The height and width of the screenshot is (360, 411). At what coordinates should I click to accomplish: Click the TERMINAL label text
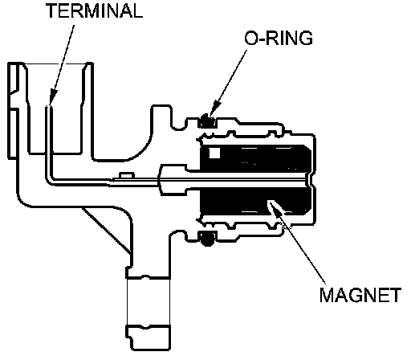click(95, 10)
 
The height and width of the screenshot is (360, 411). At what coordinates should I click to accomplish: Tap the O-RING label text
click(279, 38)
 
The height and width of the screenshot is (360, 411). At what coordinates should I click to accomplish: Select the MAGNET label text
click(360, 295)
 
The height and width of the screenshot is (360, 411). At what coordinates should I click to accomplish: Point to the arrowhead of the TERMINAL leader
click(53, 96)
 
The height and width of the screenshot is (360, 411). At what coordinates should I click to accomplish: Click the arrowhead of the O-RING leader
click(214, 108)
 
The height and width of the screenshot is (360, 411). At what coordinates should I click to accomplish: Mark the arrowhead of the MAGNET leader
click(274, 207)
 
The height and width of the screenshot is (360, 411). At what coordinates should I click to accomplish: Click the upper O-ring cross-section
click(207, 121)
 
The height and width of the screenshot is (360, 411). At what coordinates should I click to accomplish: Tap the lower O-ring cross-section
click(207, 238)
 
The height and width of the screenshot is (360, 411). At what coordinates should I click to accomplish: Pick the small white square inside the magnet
click(214, 153)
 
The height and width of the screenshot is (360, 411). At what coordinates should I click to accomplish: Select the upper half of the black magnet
click(255, 158)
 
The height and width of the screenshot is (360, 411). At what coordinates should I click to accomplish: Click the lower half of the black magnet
click(255, 200)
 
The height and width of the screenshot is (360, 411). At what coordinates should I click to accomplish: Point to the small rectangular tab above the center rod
click(127, 175)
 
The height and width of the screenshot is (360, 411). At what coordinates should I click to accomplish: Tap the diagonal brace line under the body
click(106, 230)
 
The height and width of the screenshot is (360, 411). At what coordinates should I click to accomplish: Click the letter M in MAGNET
click(327, 295)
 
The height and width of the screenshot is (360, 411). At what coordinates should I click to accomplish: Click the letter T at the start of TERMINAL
click(52, 10)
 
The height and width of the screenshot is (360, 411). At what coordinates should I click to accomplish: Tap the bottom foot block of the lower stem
click(148, 337)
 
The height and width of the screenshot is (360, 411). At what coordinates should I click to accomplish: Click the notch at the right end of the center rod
click(308, 180)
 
